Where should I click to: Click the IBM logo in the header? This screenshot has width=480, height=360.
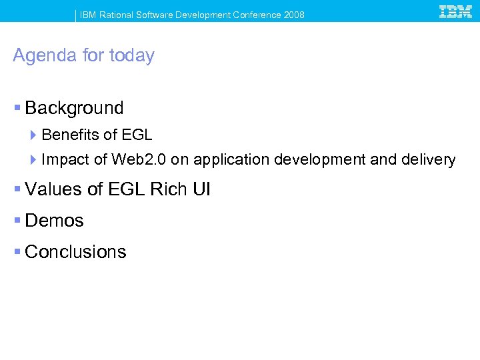coord(456,11)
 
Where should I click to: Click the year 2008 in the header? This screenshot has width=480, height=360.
coord(294,15)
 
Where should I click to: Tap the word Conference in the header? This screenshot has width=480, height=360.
coord(259,15)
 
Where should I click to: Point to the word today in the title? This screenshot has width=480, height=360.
coord(131,55)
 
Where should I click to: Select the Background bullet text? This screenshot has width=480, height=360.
coord(74,108)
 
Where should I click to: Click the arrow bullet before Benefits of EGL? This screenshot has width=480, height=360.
coord(34,135)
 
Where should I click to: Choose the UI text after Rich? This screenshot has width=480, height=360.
coord(201,189)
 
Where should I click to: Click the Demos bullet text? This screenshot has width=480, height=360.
coord(54,221)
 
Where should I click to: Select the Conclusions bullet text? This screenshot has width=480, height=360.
coord(75,252)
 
